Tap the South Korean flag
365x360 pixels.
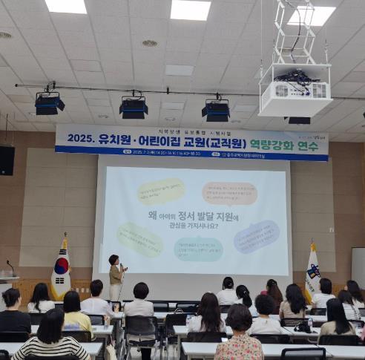[x=61, y=272]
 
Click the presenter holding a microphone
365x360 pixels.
[x=116, y=277]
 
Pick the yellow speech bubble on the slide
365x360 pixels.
[x=160, y=192]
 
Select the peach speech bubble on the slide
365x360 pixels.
[x=229, y=194]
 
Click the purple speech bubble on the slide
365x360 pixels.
[x=257, y=237]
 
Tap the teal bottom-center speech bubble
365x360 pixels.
[x=198, y=249]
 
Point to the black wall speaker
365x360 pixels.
[x=6, y=160]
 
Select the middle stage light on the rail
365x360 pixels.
[x=134, y=108]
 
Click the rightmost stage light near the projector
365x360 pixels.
[x=216, y=110]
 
